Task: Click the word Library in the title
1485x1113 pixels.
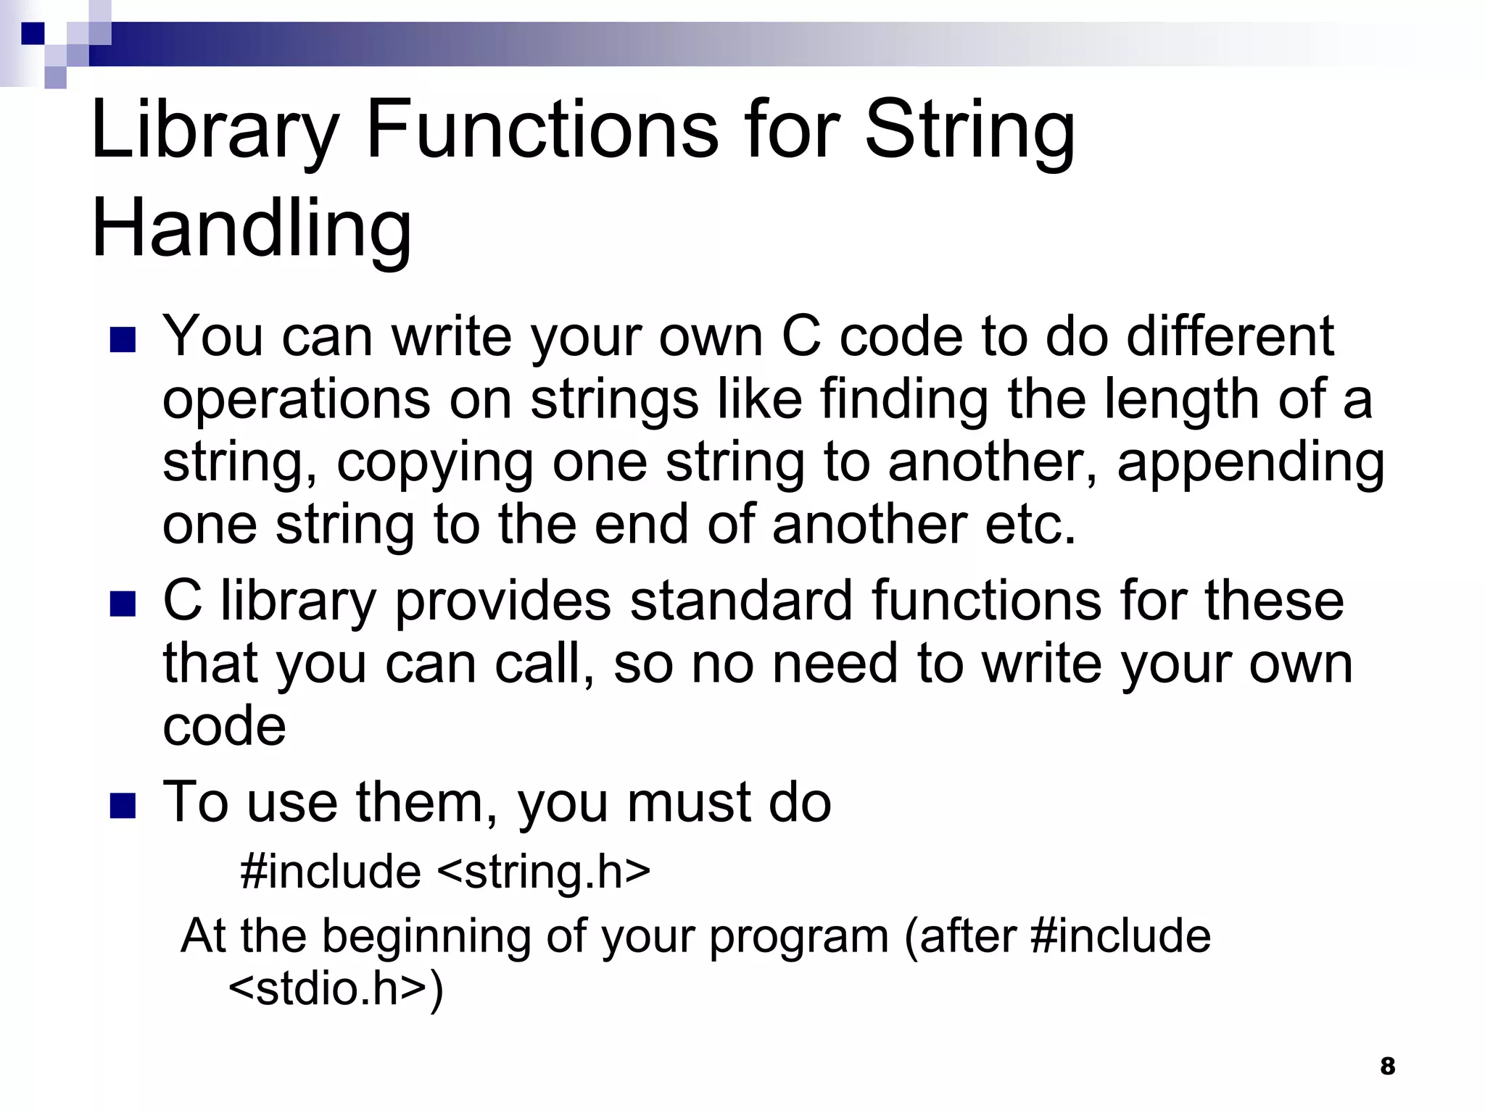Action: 215,130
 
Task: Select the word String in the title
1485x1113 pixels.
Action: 969,130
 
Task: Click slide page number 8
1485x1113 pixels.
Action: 1387,1066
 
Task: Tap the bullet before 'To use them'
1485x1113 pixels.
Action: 123,805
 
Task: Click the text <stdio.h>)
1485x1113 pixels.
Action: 336,988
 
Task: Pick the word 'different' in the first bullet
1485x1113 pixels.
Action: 1230,336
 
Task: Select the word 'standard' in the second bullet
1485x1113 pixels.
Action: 741,601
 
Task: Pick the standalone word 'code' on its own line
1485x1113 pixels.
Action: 224,726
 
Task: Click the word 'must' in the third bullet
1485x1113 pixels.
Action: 689,803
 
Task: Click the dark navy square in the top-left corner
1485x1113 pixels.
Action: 33,33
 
